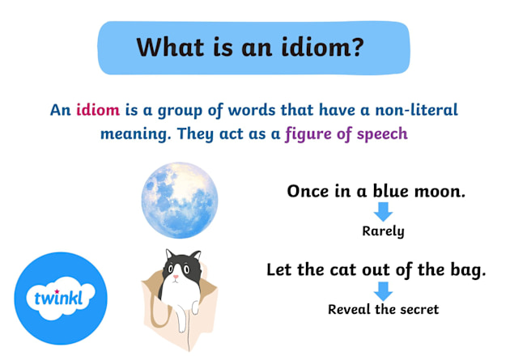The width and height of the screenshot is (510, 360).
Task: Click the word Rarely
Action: click(x=383, y=231)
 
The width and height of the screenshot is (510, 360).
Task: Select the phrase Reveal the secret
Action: click(x=383, y=309)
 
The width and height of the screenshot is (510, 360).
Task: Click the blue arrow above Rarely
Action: click(x=383, y=212)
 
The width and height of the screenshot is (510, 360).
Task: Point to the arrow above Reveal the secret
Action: click(x=383, y=290)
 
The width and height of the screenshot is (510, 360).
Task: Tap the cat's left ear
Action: click(x=168, y=255)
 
